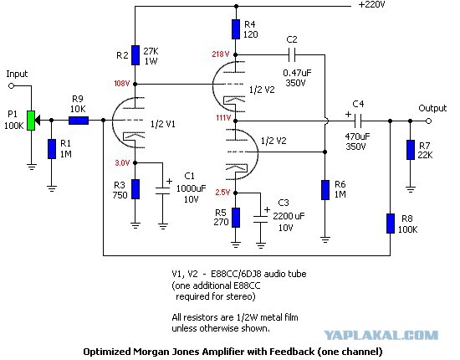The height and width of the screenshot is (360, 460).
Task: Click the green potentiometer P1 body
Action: [31, 121]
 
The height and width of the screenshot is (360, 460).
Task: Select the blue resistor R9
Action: [79, 121]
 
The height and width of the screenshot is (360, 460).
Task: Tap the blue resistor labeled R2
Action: [135, 55]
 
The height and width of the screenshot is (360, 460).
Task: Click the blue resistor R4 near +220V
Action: [236, 29]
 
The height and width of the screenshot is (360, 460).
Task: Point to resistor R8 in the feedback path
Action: [391, 224]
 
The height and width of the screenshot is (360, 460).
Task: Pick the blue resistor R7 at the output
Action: [411, 150]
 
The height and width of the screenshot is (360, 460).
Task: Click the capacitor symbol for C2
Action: [292, 54]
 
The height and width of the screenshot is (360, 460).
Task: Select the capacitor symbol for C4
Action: [357, 121]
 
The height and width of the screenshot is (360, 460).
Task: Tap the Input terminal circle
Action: [12, 86]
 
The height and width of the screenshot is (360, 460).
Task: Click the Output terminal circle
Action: [428, 121]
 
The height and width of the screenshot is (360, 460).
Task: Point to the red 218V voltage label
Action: [221, 54]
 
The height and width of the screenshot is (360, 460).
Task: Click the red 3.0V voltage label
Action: [122, 162]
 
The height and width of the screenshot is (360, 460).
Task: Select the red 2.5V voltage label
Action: [222, 193]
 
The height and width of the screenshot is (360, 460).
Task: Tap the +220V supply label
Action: [371, 4]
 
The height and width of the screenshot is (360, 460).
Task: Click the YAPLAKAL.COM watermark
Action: [381, 335]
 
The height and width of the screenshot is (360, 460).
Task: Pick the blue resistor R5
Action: [236, 218]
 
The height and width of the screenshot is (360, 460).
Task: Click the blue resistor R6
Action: [325, 190]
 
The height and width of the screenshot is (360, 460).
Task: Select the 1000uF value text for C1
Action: [191, 188]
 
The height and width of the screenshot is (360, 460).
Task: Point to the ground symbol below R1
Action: [52, 189]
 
